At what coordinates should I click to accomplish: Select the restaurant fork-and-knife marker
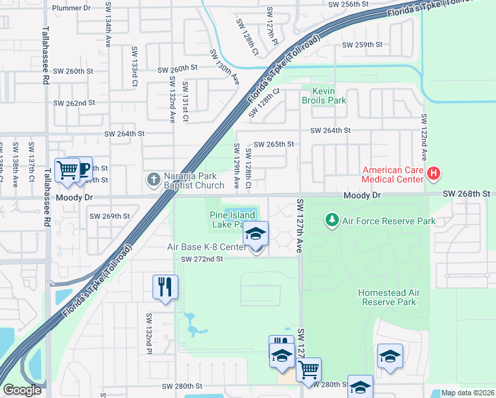click(x=163, y=287)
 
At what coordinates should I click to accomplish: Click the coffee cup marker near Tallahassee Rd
click(x=82, y=169)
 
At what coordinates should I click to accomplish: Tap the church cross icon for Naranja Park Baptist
click(x=153, y=179)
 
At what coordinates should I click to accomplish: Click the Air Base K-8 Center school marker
click(x=255, y=235)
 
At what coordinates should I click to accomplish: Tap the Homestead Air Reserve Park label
click(x=387, y=297)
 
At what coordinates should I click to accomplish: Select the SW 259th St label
click(x=362, y=45)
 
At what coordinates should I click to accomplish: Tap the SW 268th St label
click(x=468, y=193)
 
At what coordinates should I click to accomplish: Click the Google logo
click(x=22, y=390)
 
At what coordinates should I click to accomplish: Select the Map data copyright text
click(x=467, y=393)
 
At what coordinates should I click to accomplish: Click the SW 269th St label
click(x=110, y=216)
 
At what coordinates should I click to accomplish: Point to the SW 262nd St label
click(x=76, y=103)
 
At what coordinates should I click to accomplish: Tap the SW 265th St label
click(x=274, y=144)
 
